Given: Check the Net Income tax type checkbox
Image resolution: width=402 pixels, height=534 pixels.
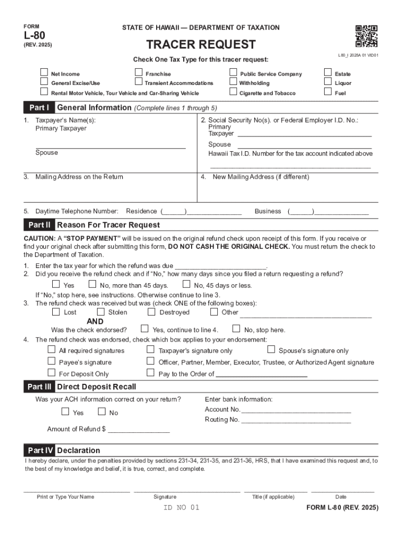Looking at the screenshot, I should click(x=44, y=72).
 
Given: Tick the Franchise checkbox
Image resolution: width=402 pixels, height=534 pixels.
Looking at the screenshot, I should click(x=138, y=72).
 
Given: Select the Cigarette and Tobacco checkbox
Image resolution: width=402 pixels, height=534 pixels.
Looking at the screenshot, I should click(x=233, y=92).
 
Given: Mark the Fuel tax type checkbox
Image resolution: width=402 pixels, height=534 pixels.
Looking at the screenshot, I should click(x=328, y=92).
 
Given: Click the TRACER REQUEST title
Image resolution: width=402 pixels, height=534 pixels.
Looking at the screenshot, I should click(x=201, y=44).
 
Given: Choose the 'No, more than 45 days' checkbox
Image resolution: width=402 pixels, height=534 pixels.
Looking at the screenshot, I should click(x=92, y=285).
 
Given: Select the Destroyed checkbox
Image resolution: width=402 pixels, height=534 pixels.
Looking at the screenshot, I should click(x=151, y=312).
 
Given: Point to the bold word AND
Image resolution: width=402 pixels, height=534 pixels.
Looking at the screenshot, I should click(x=95, y=321).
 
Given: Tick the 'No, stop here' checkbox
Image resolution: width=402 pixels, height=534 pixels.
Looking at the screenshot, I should click(x=236, y=329).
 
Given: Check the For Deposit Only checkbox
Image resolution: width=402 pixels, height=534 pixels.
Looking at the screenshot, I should click(x=52, y=373).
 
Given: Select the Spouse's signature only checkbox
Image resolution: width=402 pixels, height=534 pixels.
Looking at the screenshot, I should click(x=271, y=350).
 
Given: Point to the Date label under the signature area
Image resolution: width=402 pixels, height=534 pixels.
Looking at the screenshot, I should click(x=340, y=497).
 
